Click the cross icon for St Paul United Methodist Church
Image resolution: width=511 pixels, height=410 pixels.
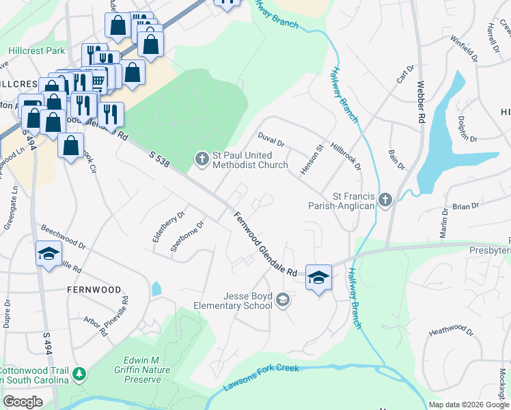(202, 159)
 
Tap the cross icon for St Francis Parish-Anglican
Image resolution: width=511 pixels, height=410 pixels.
(385, 200)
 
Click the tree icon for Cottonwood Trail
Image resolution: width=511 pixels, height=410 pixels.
(80, 374)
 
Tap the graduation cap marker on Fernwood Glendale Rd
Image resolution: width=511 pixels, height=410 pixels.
(318, 278)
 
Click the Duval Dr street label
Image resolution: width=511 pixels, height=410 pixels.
(271, 140)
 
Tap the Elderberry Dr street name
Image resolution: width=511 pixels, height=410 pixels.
(169, 225)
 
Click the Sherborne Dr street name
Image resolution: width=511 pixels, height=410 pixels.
(188, 236)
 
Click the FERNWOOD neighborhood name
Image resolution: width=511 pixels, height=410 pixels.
(94, 290)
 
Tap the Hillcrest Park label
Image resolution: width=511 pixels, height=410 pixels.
(36, 51)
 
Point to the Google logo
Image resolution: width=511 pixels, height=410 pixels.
(23, 402)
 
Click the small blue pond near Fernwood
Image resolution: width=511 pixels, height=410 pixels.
(156, 288)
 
